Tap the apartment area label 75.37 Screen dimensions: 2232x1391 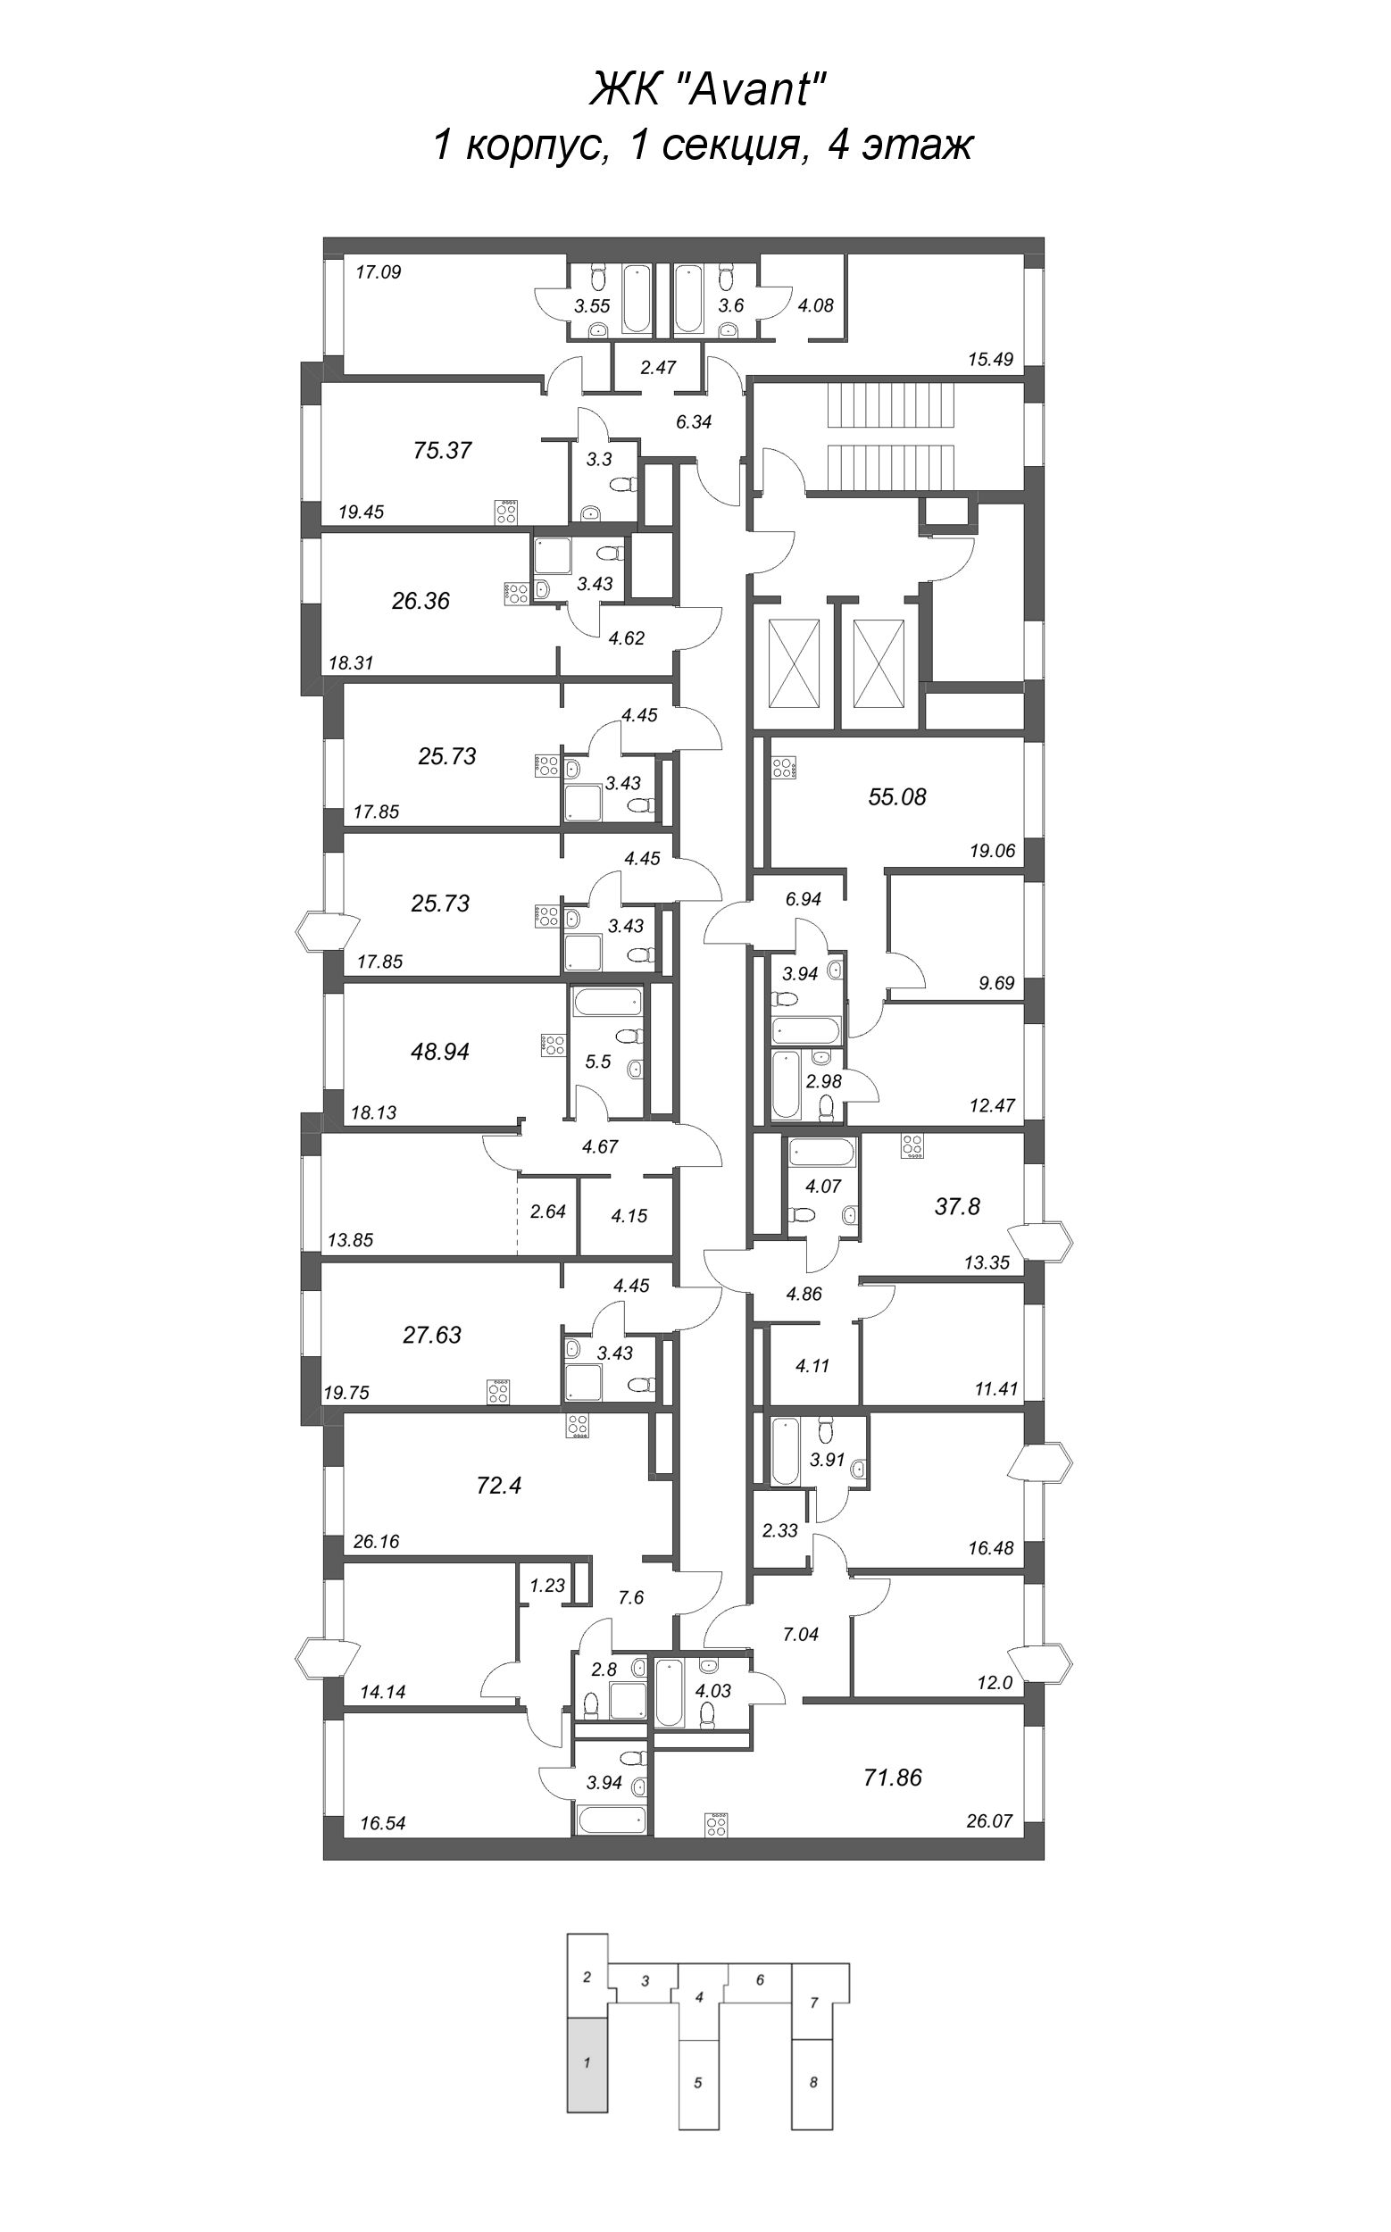(x=443, y=450)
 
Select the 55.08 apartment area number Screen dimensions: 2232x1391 (x=897, y=796)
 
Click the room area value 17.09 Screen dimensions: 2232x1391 (x=379, y=272)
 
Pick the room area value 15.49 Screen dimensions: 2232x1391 (x=990, y=360)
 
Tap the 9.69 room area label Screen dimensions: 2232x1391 (x=996, y=984)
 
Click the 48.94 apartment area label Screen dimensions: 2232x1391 (x=440, y=1052)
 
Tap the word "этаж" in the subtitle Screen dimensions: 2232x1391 (x=915, y=146)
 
